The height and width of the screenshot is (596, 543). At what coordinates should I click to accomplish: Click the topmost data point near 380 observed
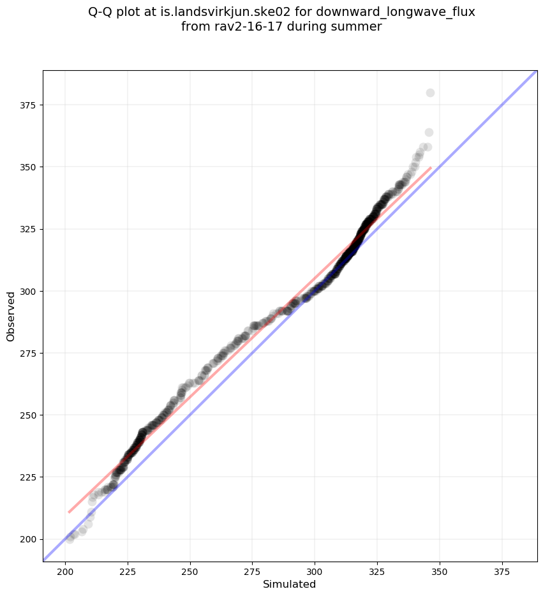[x=430, y=93]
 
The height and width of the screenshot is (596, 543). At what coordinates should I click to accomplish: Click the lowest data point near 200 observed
[x=70, y=539]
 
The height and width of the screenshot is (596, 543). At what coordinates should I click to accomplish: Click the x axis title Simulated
[x=290, y=584]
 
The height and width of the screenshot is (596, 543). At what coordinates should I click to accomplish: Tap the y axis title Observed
[x=11, y=316]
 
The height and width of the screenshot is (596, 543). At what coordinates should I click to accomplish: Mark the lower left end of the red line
[x=69, y=512]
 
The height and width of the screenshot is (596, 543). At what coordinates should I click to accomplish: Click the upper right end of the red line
[x=431, y=168]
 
